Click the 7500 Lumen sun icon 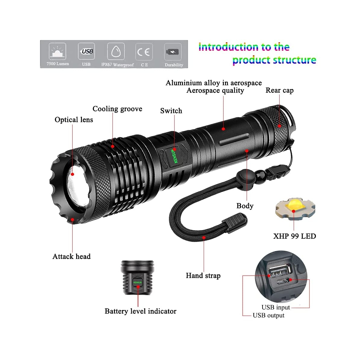point(58,51)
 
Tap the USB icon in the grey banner point(86,51)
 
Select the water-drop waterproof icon point(116,51)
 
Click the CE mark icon point(144,52)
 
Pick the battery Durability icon point(173,52)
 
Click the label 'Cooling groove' point(117,109)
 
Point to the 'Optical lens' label point(74,120)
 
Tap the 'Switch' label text point(171,111)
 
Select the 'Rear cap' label point(280,90)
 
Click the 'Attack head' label point(72,256)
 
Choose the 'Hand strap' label point(203,276)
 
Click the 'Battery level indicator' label point(140,311)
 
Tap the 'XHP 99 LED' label point(295,236)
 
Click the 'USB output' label point(268,315)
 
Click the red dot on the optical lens point(73,174)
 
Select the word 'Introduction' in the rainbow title point(229,47)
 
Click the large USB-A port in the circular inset point(280,271)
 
